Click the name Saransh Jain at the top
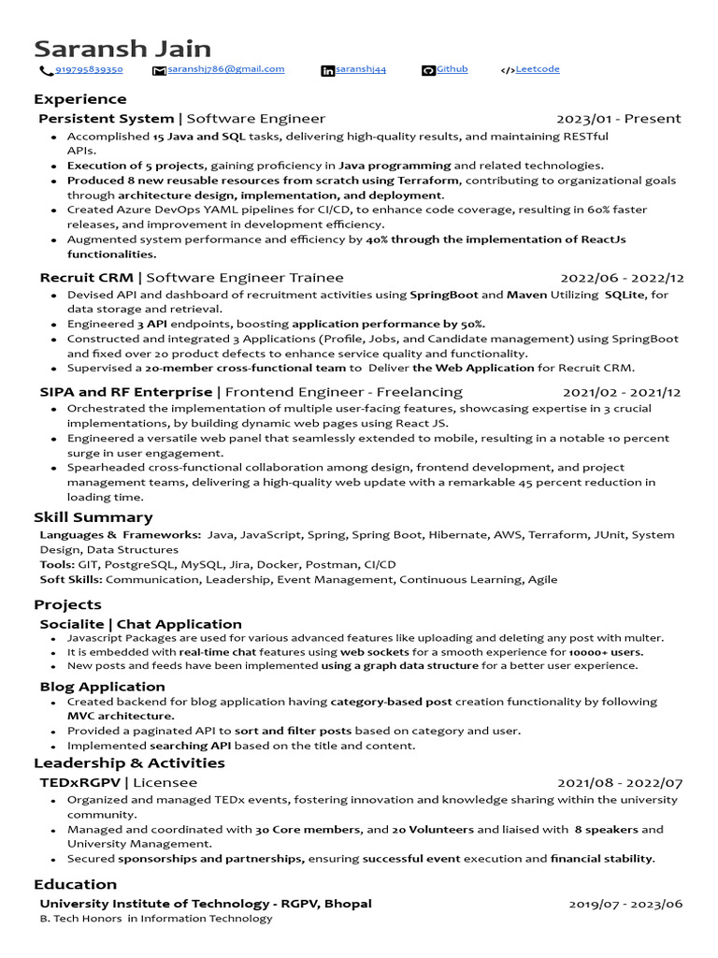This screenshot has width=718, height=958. tap(122, 49)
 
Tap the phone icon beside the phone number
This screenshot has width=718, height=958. tap(45, 71)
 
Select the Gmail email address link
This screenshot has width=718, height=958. tap(225, 69)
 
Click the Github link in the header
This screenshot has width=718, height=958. tap(452, 69)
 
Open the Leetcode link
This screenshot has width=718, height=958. tap(538, 69)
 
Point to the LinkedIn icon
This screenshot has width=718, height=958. tap(327, 71)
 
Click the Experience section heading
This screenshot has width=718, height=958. tap(79, 99)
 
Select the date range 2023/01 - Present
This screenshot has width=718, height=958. tap(618, 119)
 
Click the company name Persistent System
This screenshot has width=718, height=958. tap(107, 119)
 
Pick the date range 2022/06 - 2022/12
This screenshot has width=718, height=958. tap(622, 278)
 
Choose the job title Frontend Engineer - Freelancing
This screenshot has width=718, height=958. tap(343, 392)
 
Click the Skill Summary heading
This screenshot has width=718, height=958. tap(93, 517)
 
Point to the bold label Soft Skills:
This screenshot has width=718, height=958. tap(71, 579)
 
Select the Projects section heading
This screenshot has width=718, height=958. tap(67, 604)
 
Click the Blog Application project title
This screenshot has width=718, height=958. tap(102, 687)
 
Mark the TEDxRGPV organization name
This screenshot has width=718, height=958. tap(80, 782)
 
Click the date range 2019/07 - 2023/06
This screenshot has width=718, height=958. tap(625, 904)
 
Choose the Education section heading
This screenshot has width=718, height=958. tap(75, 884)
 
